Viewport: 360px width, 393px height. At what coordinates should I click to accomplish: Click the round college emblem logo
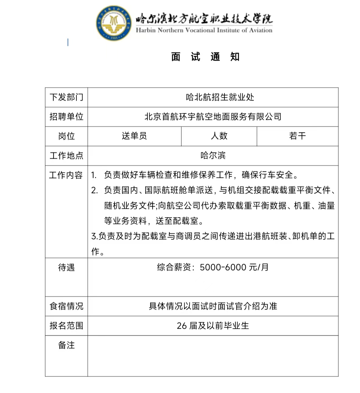114,23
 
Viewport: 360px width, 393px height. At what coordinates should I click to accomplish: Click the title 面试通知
205,57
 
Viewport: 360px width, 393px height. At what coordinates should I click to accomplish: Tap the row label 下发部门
66,97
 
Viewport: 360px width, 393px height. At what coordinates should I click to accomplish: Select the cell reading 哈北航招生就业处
220,97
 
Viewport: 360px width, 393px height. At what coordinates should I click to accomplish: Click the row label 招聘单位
66,116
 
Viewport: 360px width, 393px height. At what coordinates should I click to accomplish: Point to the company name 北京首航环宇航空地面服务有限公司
213,116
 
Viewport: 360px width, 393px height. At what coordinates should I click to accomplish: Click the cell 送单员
134,136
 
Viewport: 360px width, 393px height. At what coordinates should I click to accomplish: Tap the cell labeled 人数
219,136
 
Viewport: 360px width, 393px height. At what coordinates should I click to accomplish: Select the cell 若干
298,136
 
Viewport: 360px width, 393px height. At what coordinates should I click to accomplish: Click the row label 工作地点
66,156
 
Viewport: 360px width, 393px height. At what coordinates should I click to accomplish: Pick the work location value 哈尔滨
213,156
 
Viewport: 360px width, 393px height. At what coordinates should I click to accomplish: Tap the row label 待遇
66,267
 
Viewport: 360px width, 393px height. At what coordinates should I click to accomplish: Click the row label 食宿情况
66,306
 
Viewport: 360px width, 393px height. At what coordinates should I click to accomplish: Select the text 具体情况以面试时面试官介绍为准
213,306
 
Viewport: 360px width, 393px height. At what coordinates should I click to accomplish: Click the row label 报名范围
66,325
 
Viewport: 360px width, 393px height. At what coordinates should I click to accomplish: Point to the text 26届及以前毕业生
213,326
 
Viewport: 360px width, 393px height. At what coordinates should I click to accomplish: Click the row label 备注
66,345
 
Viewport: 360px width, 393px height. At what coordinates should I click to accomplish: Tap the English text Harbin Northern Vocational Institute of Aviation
204,30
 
